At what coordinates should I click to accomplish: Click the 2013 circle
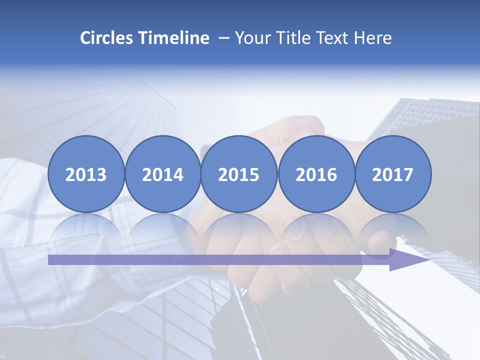[86, 174]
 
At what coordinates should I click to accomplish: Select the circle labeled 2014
[162, 174]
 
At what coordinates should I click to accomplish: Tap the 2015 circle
[239, 174]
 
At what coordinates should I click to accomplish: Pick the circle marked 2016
[316, 174]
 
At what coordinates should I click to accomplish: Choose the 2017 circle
[392, 174]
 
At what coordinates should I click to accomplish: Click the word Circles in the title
[106, 38]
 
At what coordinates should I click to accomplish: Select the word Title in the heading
[290, 38]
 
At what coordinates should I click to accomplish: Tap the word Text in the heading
[332, 38]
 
